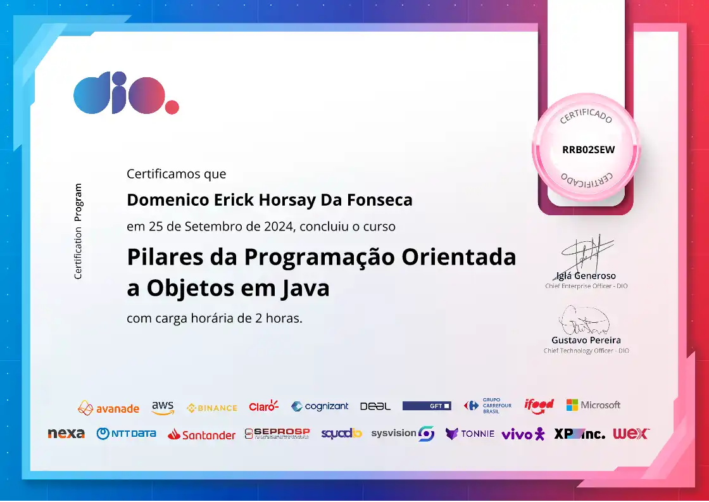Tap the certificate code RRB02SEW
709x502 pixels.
pos(588,149)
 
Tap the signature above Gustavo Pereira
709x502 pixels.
pos(584,320)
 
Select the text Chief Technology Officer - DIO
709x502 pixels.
pos(586,351)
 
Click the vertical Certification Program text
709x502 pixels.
pos(78,231)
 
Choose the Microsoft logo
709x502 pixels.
pos(593,405)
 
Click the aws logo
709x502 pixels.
pos(163,408)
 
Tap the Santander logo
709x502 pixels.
pos(201,435)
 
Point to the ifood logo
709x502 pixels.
pos(539,405)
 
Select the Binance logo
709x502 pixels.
pos(211,408)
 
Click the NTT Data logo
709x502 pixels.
pos(126,434)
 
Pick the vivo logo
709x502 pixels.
pos(523,434)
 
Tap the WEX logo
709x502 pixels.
pos(631,434)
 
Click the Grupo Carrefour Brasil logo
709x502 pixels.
pos(487,406)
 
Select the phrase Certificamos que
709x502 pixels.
pos(177,174)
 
